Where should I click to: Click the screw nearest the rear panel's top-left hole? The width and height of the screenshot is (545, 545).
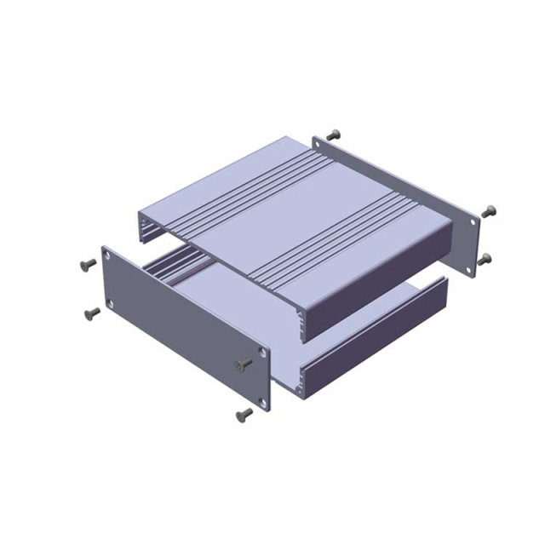[x=333, y=135]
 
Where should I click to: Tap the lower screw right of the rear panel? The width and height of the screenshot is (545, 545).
[x=485, y=258]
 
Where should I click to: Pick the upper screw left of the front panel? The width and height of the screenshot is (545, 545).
[x=85, y=265]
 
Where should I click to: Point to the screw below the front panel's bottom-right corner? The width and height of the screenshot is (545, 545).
[x=244, y=415]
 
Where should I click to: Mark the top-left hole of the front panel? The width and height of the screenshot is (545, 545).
[x=108, y=253]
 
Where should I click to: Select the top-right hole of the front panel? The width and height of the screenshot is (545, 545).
[x=262, y=351]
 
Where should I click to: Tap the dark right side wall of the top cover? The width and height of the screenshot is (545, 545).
[x=375, y=278]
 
